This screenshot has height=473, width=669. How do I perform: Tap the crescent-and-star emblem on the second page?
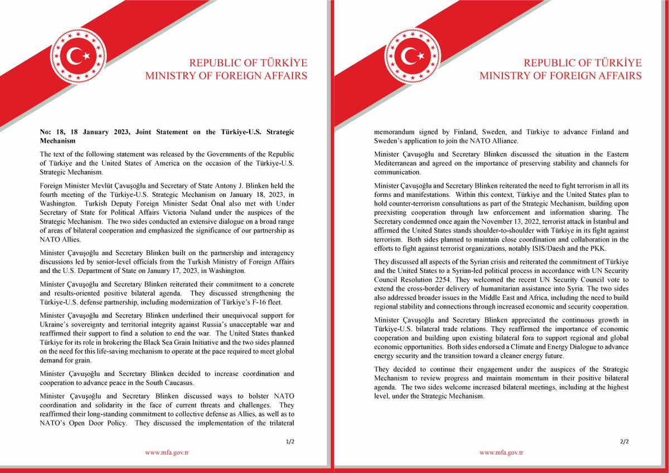pyautogui.click(x=412, y=55)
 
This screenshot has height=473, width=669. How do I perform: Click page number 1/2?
pyautogui.click(x=290, y=441)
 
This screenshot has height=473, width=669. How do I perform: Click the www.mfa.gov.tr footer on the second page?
pyautogui.click(x=501, y=453)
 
